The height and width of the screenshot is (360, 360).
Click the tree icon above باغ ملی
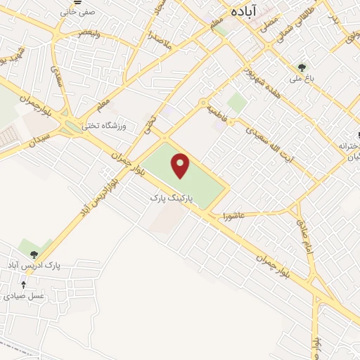click(x=302, y=67)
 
